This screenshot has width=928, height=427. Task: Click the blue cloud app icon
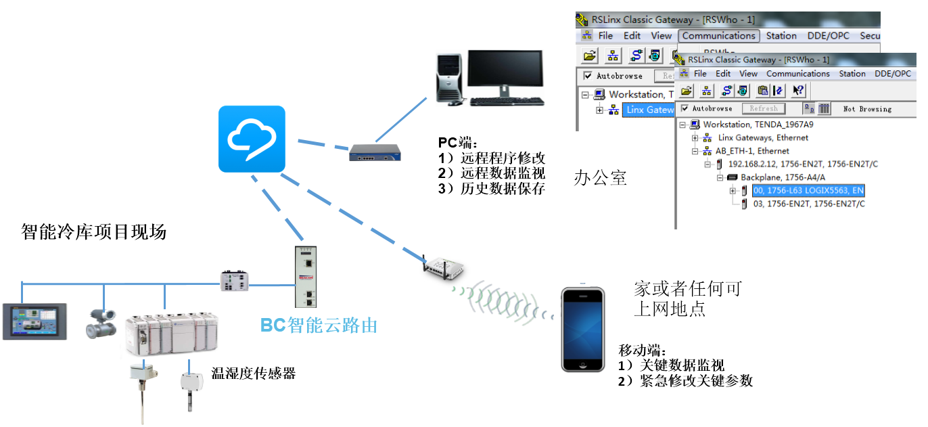pos(252,139)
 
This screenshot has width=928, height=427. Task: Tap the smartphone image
pos(583,330)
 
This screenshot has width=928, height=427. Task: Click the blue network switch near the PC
pos(375,154)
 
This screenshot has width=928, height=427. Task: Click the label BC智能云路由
pos(319,325)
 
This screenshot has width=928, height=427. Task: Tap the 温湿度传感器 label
pos(254,374)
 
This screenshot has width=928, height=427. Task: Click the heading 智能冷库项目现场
pos(94,233)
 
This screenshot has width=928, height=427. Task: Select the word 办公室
pos(601,178)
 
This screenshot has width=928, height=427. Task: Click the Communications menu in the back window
pos(718,36)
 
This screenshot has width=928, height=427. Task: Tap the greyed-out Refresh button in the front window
pos(764,108)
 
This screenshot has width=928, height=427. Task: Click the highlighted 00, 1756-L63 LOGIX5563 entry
pos(808,191)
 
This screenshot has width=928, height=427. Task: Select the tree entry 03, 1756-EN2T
pos(809,204)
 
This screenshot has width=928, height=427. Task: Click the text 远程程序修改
pos(503,158)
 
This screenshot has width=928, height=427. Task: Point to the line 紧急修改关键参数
pos(695,381)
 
